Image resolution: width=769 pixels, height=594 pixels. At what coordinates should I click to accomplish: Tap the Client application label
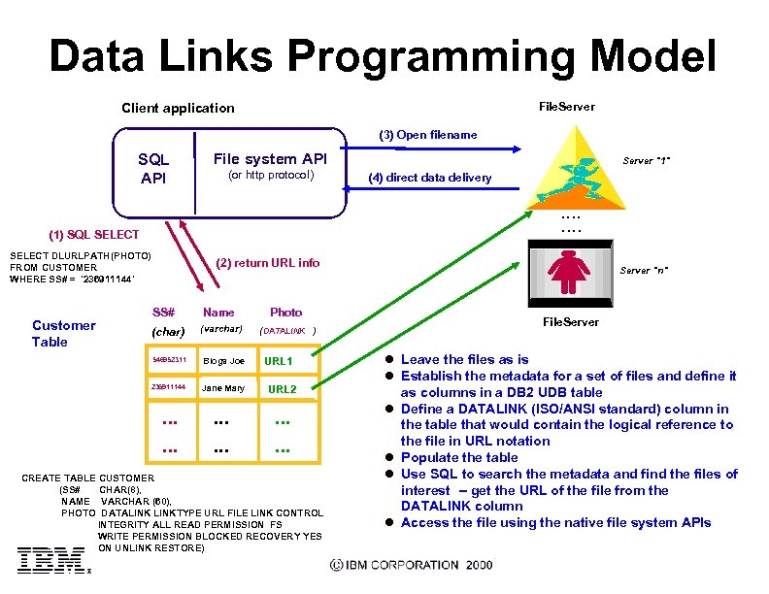tap(178, 108)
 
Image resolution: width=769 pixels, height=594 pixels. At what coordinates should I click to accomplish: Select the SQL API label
tap(153, 168)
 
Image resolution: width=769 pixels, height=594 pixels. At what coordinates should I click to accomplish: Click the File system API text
tap(270, 158)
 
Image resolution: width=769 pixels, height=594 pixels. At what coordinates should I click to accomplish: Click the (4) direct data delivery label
tap(429, 178)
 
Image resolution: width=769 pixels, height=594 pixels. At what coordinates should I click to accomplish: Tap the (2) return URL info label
tap(267, 262)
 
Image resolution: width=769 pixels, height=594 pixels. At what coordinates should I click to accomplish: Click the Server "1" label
tap(648, 160)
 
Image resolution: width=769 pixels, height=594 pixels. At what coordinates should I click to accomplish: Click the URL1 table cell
tap(278, 361)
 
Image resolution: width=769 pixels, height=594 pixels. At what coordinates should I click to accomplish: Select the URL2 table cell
tap(282, 389)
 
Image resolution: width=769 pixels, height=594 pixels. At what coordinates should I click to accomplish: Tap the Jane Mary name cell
tap(223, 388)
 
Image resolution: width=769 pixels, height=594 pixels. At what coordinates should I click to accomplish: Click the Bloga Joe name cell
tap(223, 361)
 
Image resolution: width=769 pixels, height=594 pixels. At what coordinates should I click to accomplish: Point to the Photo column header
tap(285, 313)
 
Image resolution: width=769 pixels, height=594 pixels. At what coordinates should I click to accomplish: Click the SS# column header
tap(163, 313)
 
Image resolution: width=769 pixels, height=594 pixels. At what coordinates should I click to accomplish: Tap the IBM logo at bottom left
tap(50, 560)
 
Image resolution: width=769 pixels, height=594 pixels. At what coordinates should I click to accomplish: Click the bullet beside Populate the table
tap(388, 457)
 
